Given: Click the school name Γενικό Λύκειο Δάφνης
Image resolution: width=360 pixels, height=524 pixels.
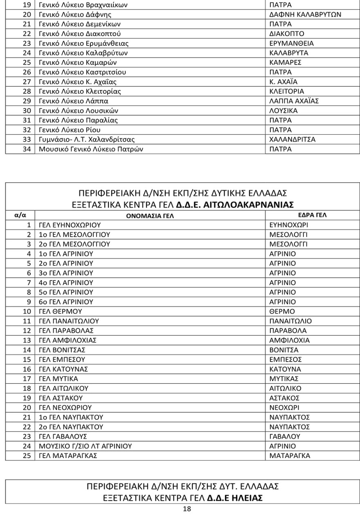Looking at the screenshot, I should tap(69, 15).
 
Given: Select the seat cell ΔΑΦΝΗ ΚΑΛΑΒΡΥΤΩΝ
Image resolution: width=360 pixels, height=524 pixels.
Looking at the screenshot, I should tap(305, 15).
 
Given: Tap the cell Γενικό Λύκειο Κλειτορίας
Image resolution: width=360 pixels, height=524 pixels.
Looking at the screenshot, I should tap(80, 91).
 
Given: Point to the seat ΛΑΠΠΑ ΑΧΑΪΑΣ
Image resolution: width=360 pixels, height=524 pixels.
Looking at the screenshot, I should tap(294, 101).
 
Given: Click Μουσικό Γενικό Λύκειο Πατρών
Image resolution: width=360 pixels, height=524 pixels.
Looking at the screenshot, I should tap(91, 149).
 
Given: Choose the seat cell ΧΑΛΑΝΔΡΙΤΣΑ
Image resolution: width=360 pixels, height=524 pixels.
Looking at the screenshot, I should tap(292, 140).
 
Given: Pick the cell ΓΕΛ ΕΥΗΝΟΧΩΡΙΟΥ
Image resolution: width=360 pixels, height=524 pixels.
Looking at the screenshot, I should tap(70, 225).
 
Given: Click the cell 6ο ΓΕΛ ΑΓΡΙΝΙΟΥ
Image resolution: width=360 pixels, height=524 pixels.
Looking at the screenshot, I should tap(66, 302).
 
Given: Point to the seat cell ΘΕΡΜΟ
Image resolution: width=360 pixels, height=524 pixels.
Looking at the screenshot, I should tap(283, 312).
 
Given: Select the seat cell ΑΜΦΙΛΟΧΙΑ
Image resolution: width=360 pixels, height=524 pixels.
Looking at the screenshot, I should tap(290, 341).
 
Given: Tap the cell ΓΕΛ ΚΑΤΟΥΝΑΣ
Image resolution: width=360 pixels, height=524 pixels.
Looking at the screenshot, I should tap(63, 369).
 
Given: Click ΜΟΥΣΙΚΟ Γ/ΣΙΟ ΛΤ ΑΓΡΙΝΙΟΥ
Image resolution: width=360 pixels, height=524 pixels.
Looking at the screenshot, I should tap(85, 446).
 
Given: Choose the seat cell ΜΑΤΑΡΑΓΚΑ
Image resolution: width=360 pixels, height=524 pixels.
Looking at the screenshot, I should tap(290, 456).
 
